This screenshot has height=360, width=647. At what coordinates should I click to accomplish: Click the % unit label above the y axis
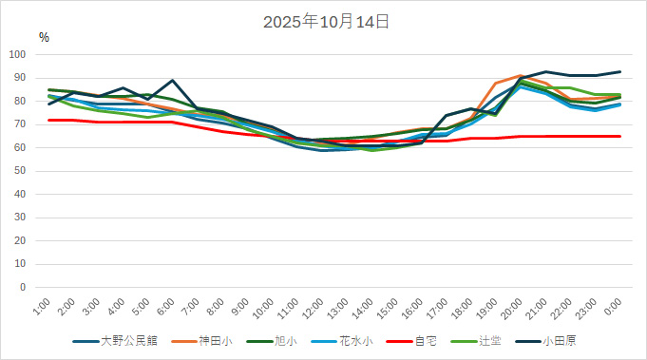coord(44,37)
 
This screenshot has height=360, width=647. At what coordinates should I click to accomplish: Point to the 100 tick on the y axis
coord(17,54)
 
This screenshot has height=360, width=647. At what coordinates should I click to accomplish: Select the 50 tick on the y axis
coord(20,171)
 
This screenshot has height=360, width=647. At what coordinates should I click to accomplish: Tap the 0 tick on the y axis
coord(23,287)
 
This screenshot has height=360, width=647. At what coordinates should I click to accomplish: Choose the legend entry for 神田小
coord(215,340)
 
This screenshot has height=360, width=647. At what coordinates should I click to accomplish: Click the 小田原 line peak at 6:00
coord(172,81)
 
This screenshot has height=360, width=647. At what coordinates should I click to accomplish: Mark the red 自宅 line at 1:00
coord(48,120)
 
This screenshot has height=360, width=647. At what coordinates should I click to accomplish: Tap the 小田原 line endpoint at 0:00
coord(620,71)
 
